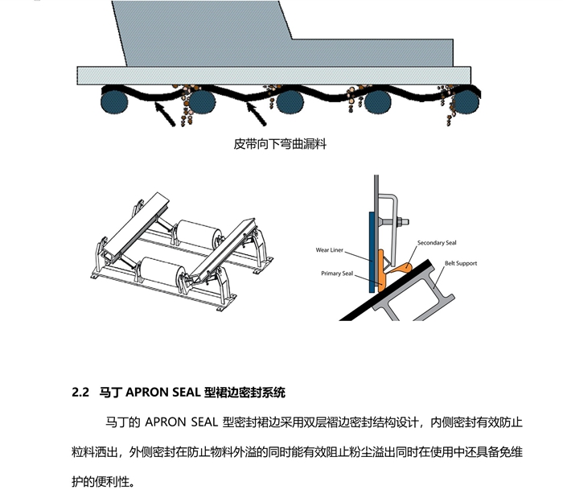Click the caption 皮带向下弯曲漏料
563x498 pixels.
(x=280, y=145)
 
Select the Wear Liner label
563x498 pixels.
(x=330, y=250)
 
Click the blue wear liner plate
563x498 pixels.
(x=369, y=250)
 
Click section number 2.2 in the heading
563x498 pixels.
(x=80, y=393)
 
